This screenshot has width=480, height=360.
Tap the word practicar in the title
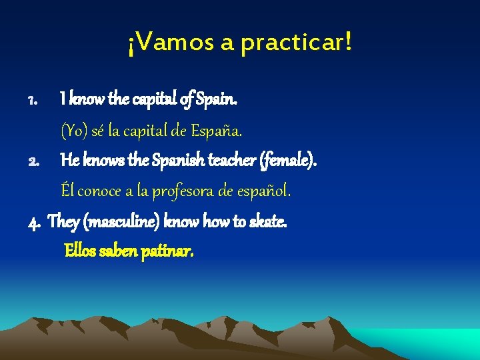pyautogui.click(x=293, y=44)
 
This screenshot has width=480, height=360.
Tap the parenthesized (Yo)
pyautogui.click(x=74, y=131)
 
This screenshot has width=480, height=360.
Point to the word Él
pyautogui.click(x=67, y=191)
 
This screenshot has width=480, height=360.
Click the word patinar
pyautogui.click(x=167, y=251)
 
